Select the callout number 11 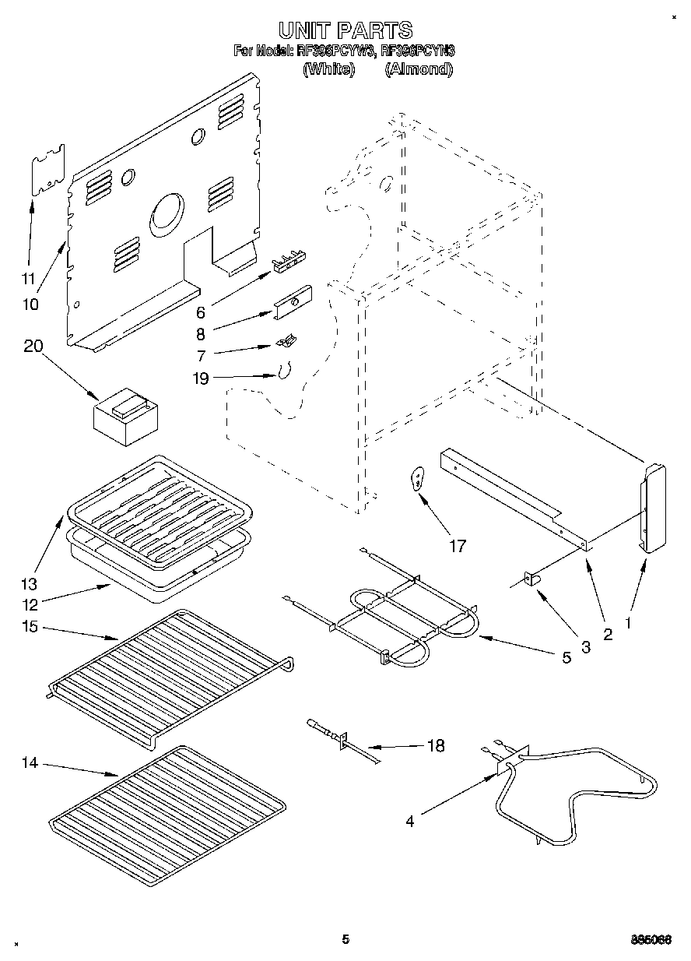click(28, 278)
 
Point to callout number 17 click(457, 546)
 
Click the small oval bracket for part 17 click(418, 478)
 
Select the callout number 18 click(436, 745)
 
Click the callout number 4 click(409, 820)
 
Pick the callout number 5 click(566, 657)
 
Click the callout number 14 click(30, 763)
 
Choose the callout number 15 click(30, 627)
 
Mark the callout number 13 click(30, 583)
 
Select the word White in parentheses click(328, 69)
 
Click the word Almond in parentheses click(418, 69)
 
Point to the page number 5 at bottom click(345, 939)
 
